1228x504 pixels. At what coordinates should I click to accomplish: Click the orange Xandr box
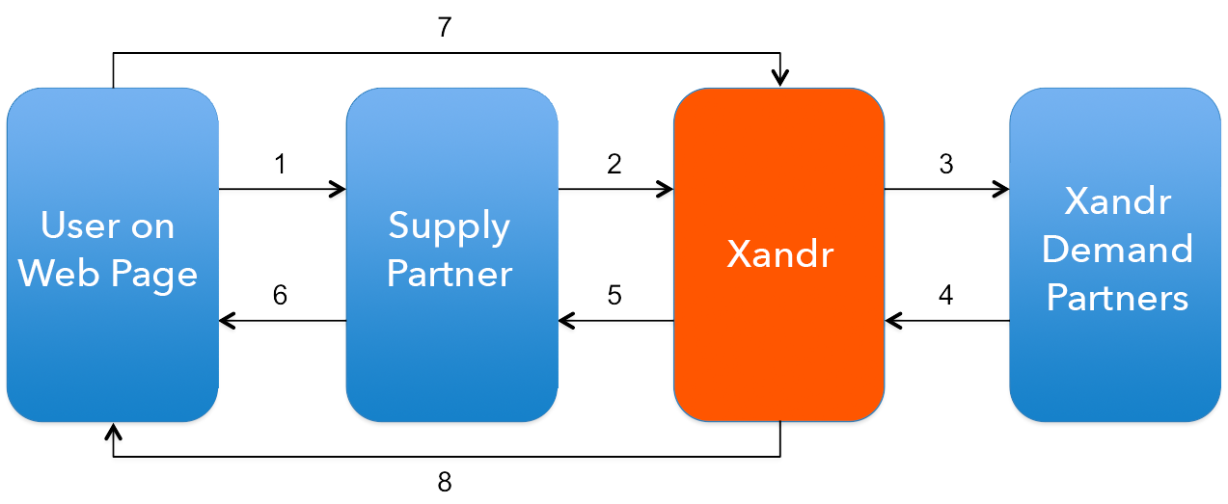pos(778,254)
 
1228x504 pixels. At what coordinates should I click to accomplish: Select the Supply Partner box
pos(451,254)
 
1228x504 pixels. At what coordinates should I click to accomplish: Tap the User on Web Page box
pos(112,254)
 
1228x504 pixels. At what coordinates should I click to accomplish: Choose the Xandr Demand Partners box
pos(1116,254)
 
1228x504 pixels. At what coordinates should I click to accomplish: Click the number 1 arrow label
pos(280,165)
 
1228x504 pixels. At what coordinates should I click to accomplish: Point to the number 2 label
pos(614,165)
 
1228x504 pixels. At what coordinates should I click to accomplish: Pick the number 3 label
pos(945,165)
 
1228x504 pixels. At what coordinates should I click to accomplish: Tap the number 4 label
pos(945,295)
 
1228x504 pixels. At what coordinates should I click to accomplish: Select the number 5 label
pos(614,295)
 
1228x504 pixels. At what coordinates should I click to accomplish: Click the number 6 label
pos(280,295)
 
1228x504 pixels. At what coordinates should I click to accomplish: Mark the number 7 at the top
pos(444,27)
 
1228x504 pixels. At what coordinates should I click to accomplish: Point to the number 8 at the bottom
pos(444,482)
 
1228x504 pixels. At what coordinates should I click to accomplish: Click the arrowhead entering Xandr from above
pos(782,78)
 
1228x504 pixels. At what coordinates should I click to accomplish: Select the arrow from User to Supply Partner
pos(282,189)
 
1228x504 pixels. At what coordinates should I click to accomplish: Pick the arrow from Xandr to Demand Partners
pos(946,189)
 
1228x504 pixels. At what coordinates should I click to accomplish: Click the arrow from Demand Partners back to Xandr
pos(946,321)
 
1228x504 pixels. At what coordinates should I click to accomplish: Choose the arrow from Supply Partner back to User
pos(282,321)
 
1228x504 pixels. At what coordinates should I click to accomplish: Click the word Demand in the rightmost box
pos(1117,250)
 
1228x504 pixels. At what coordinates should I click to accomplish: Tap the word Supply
pos(449,225)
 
